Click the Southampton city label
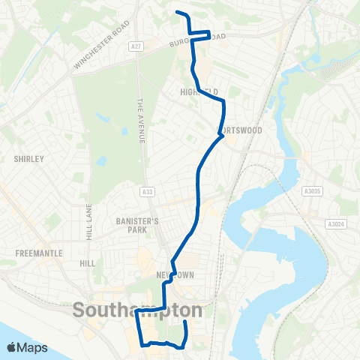point(138,309)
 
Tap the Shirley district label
point(29,159)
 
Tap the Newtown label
point(176,275)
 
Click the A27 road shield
point(136,46)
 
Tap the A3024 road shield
point(336,223)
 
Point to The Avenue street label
point(139,121)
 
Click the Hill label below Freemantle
point(88,264)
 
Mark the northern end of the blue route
point(176,12)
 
